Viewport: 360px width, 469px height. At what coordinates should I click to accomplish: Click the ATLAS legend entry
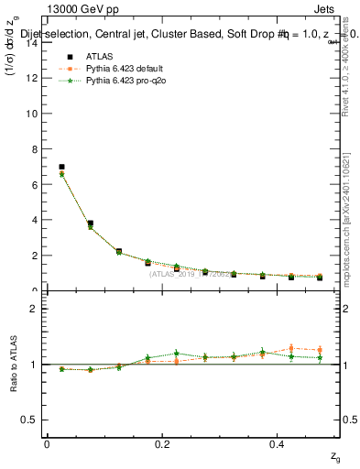tap(94, 56)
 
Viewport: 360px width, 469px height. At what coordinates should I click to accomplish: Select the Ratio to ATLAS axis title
tap(13, 364)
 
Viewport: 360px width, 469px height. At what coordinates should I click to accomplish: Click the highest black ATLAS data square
tap(61, 168)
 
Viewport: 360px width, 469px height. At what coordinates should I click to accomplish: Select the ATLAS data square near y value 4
tap(90, 223)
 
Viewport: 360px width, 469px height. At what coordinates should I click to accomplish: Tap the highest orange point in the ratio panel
tap(290, 348)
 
